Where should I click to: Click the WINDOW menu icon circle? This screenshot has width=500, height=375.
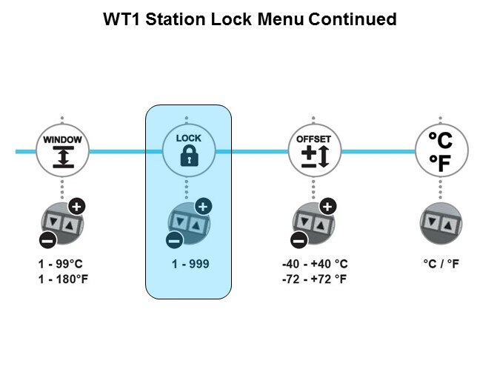[x=62, y=151]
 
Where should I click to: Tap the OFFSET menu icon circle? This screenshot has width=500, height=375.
[x=313, y=151]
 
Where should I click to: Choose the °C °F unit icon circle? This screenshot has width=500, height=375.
[x=440, y=151]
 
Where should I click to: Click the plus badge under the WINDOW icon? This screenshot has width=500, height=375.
[x=76, y=207]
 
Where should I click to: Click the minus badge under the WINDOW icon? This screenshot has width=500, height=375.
[x=47, y=239]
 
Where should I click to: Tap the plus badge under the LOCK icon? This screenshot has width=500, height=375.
[x=202, y=207]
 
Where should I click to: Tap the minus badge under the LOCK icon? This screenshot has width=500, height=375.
[x=173, y=239]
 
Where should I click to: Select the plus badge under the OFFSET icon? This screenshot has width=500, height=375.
[x=327, y=207]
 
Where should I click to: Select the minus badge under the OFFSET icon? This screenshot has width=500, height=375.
[x=299, y=239]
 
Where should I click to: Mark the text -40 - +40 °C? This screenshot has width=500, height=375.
[x=315, y=265]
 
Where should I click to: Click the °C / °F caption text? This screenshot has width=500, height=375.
[x=441, y=265]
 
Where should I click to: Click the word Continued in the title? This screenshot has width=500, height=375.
[x=353, y=20]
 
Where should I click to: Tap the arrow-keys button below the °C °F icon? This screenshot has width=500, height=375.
[x=441, y=223]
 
